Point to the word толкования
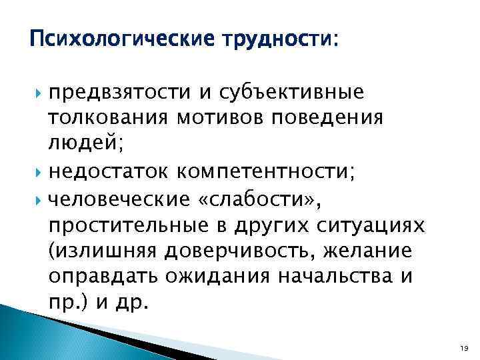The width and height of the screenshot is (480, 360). click(101, 117)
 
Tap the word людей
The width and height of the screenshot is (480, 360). click(79, 143)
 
